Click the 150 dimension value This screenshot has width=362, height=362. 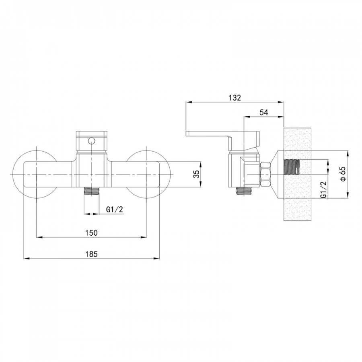92,233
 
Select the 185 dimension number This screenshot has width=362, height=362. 92,254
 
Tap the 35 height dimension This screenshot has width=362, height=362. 196,174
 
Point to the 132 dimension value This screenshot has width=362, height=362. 235,98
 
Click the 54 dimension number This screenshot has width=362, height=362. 264,113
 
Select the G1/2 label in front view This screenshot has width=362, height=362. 115,210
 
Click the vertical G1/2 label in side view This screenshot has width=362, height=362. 324,189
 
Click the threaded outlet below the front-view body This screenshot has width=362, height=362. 92,191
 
